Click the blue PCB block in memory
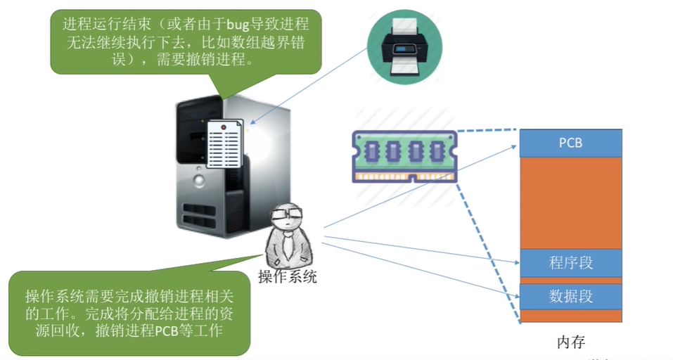point(570,143)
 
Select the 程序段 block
point(570,263)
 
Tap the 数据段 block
point(570,297)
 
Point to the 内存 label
point(571,342)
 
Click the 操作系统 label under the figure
point(287,276)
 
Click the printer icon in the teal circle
point(405,47)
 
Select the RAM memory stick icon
point(404,157)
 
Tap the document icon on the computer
point(225,143)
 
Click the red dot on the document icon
point(223,127)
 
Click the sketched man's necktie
point(288,244)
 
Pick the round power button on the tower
point(199,180)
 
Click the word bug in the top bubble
point(238,25)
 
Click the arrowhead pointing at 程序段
point(516,262)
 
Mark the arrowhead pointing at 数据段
point(516,295)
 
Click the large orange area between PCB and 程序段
point(570,203)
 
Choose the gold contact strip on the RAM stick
point(404,176)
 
